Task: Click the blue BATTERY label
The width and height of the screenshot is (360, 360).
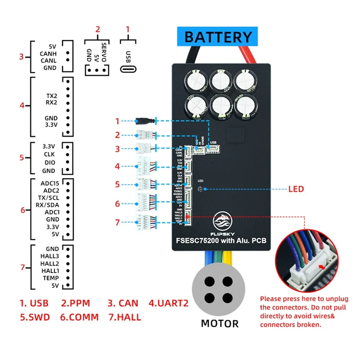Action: [218, 36]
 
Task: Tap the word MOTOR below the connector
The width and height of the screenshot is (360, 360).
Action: [220, 323]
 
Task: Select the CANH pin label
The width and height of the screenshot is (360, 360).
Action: [48, 53]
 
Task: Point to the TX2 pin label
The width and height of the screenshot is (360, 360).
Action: [51, 96]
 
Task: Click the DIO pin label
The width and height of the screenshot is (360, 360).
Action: [49, 162]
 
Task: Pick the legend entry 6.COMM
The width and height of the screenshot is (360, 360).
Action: [79, 317]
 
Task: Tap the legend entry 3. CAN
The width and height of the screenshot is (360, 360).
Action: [123, 303]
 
